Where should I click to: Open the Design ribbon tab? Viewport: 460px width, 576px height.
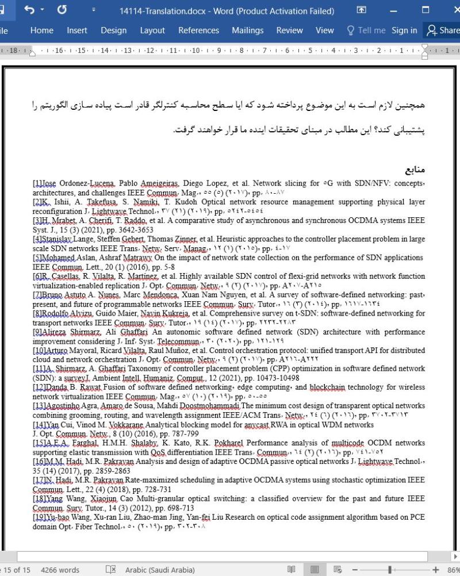[113, 30]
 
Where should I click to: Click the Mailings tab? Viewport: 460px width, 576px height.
[247, 30]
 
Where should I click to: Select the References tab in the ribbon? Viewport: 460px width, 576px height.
[198, 30]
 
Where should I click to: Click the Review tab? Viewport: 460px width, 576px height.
[289, 30]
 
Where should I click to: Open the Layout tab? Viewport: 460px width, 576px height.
[152, 30]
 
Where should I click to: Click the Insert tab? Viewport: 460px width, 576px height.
[77, 30]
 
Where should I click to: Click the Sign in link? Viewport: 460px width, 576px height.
[404, 30]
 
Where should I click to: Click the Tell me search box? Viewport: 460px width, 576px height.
[366, 30]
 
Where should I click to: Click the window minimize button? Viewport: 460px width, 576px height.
[393, 10]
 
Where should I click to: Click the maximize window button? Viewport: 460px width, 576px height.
[425, 10]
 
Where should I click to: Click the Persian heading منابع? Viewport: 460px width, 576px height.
[415, 171]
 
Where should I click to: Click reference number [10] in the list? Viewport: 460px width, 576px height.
[40, 350]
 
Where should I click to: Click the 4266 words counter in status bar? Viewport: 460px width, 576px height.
[60, 570]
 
